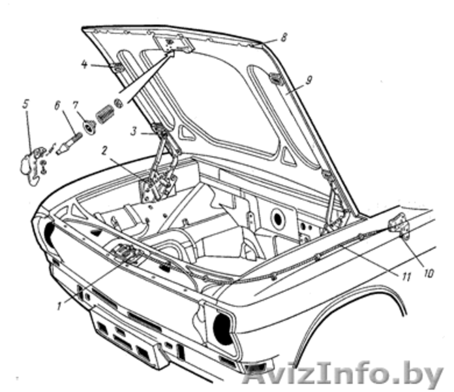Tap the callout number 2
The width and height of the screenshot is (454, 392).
pos(103,150)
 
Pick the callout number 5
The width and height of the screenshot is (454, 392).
pos(25,104)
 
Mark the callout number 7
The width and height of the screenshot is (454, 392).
pos(76,104)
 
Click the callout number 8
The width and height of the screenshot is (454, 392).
pos(284,38)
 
